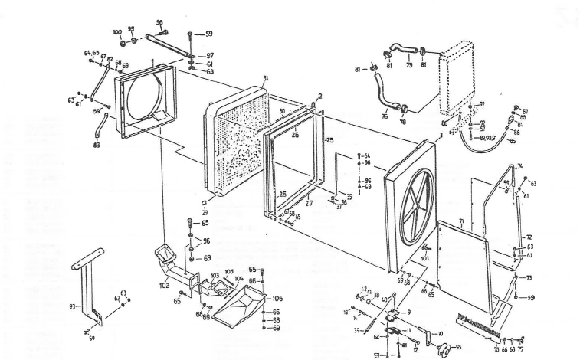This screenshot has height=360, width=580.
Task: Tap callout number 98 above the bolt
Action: tap(159, 22)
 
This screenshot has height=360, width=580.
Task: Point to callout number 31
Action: tap(265, 79)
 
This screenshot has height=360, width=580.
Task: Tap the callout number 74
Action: tap(519, 165)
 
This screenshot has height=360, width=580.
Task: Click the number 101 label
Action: tap(426, 258)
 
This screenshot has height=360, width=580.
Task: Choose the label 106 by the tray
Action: tap(277, 298)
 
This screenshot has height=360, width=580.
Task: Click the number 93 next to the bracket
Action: tap(71, 305)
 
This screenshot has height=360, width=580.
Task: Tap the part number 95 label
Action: tap(458, 346)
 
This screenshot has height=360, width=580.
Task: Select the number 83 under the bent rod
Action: tap(96, 144)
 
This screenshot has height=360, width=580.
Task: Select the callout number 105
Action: tap(229, 272)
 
